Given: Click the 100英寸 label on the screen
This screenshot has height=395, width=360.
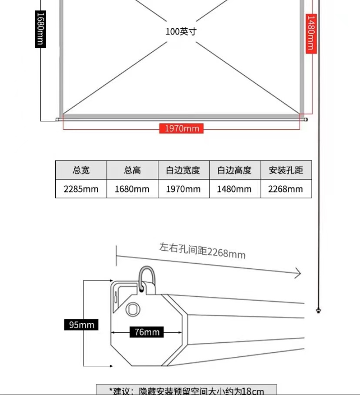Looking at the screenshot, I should click(180, 32).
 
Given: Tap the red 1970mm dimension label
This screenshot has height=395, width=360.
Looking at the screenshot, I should click(181, 128).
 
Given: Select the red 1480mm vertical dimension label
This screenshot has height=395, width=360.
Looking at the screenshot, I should click(311, 33).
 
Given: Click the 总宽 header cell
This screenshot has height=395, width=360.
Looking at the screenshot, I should click(81, 170).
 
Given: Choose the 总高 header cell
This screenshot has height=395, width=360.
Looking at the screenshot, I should click(132, 170).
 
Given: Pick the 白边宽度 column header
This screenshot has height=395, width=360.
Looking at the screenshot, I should click(183, 170).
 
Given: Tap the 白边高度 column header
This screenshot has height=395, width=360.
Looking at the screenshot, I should click(234, 170).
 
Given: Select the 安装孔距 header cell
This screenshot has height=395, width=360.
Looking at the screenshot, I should click(286, 170).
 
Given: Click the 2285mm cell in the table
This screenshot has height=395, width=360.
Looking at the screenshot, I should click(81, 189).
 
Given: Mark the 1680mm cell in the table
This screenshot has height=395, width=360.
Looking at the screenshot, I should click(132, 189).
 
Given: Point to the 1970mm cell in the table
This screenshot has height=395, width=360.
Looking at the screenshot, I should click(183, 189).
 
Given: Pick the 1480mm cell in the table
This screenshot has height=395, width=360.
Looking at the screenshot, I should click(234, 189).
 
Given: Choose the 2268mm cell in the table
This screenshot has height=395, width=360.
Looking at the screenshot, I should click(286, 189).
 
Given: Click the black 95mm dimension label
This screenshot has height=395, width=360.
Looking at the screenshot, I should click(81, 325).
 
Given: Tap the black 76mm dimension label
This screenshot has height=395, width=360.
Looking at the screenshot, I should click(147, 332).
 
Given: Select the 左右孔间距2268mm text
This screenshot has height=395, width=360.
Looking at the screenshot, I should click(202, 250).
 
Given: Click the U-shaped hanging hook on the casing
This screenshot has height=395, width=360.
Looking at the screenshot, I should click(146, 276).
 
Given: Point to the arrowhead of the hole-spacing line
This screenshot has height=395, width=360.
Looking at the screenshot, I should click(298, 273).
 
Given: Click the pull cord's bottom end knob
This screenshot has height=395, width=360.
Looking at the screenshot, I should click(319, 310).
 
